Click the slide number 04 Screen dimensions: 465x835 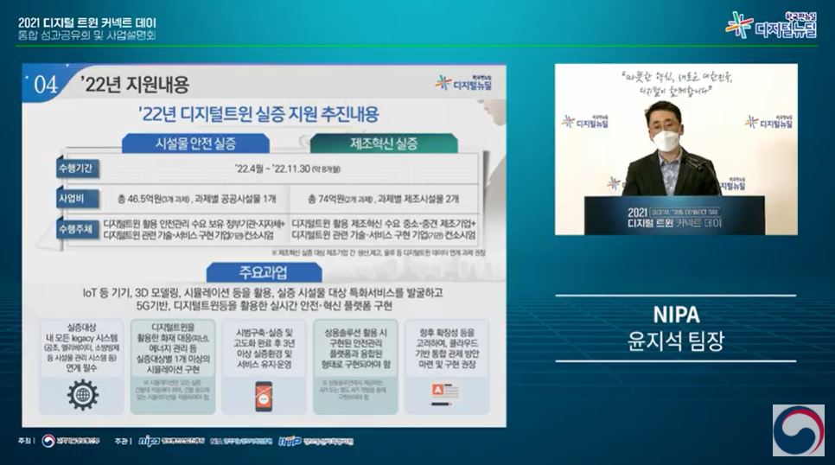pyautogui.click(x=46, y=86)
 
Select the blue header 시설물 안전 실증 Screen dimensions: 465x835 pyautogui.click(x=197, y=143)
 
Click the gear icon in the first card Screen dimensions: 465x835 pyautogui.click(x=82, y=394)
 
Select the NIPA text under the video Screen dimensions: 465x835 pyautogui.click(x=677, y=314)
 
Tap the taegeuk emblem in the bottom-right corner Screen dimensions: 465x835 pyautogui.click(x=798, y=430)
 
